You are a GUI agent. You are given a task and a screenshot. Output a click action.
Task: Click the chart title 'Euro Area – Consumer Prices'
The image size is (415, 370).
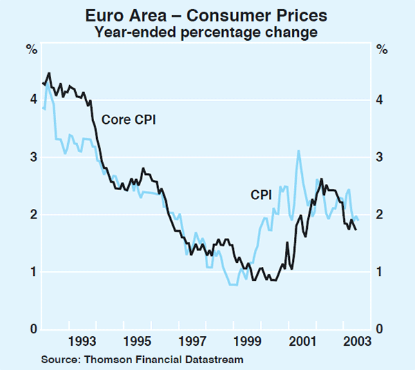(x=207, y=15)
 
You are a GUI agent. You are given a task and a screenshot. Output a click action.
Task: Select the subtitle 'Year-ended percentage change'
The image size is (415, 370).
(x=207, y=31)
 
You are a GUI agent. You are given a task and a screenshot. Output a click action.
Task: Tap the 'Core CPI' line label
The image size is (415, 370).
(x=129, y=119)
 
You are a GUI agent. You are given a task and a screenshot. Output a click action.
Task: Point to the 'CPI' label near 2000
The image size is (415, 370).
(x=261, y=196)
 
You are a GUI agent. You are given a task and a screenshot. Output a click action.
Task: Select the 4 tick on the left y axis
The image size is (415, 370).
(x=33, y=100)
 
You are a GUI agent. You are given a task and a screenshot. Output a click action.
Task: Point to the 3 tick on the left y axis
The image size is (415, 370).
(x=33, y=157)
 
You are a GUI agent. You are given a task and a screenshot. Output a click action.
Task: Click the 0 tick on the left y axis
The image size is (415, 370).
(x=33, y=329)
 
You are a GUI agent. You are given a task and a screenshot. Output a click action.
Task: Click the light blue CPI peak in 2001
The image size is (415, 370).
(x=298, y=151)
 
